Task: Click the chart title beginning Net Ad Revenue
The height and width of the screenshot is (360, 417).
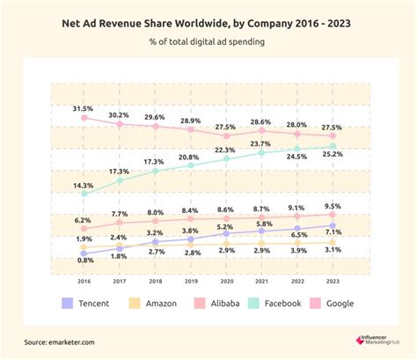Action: click(x=208, y=24)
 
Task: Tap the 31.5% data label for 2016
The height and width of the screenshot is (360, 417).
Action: click(x=84, y=108)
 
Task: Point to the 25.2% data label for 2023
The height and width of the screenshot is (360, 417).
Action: click(x=333, y=155)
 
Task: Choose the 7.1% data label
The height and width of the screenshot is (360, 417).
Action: click(x=333, y=233)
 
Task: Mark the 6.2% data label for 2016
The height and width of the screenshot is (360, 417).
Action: click(x=84, y=220)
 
